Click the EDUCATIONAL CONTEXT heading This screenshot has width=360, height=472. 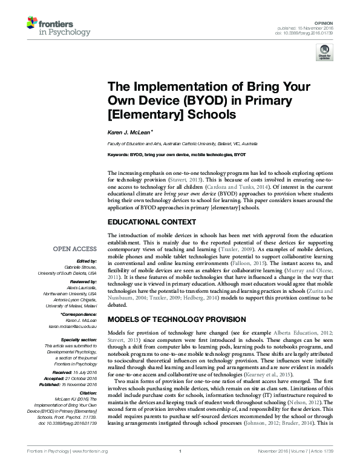(x=151, y=221)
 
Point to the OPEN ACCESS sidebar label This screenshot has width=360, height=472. (x=74, y=248)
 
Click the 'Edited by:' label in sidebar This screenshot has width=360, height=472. (x=86, y=261)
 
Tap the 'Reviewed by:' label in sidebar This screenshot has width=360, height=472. (x=82, y=281)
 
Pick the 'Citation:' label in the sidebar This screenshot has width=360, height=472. (x=87, y=393)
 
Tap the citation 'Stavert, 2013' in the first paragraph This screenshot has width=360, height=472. (x=171, y=180)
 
